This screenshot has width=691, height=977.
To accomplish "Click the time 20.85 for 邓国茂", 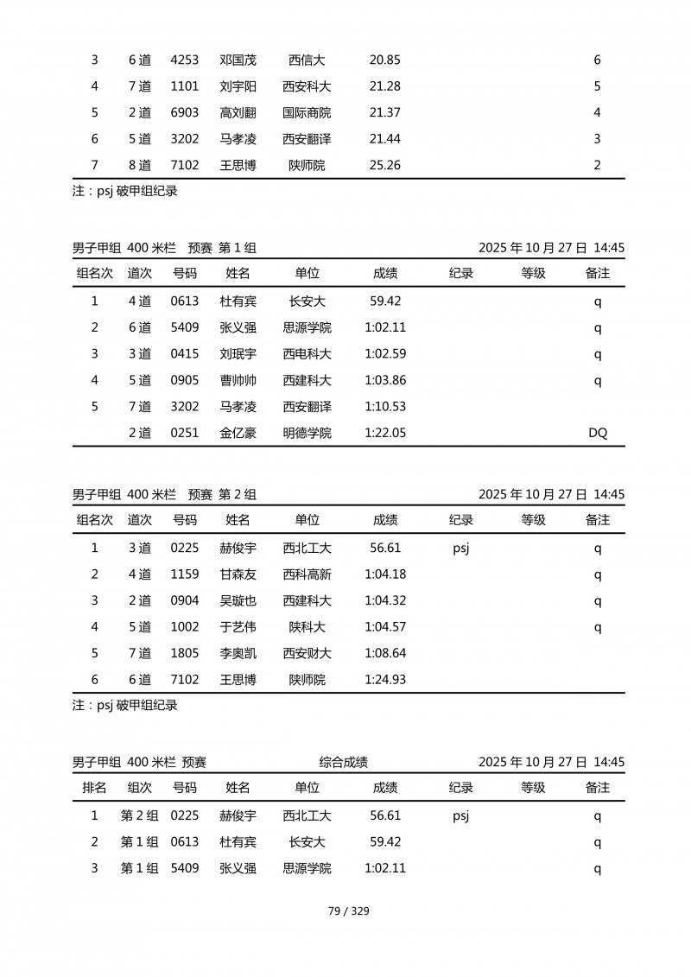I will click(384, 60).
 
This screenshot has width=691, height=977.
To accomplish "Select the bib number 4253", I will click(185, 60).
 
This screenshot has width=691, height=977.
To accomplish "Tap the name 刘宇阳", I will click(238, 86).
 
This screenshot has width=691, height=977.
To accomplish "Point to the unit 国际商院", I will click(307, 113).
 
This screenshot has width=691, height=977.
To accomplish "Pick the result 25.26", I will click(384, 165).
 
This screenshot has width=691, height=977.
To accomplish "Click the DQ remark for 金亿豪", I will click(598, 434).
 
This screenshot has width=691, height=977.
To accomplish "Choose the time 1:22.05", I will click(385, 434).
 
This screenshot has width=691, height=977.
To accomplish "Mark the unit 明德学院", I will click(307, 434).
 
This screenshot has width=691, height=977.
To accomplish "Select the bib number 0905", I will click(185, 381).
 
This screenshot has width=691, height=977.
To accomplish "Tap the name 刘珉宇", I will click(238, 354).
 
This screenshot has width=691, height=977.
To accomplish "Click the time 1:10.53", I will click(385, 407).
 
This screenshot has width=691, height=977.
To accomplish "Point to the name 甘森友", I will click(238, 574).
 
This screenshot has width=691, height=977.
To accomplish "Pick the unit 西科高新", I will click(307, 574).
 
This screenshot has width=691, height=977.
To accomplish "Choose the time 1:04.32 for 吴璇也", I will click(385, 601).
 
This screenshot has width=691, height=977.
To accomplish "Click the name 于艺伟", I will click(238, 627).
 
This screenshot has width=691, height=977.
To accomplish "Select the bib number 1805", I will click(185, 654).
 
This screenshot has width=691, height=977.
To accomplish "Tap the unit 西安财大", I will click(307, 654).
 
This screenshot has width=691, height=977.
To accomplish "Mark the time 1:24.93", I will click(385, 681).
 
